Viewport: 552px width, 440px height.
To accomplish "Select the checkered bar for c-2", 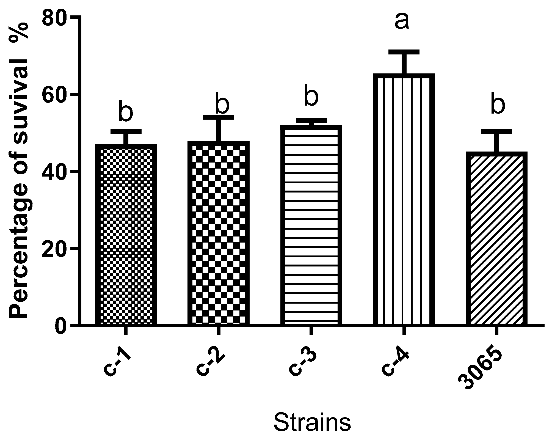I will [219, 234].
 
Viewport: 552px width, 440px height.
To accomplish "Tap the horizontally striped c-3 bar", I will [311, 226].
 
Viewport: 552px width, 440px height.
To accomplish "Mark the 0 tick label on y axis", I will [62, 325].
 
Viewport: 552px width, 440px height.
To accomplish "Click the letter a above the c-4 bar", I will [402, 21].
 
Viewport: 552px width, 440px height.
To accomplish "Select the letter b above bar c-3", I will [311, 96].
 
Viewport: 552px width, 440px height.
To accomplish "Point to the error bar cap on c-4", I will [404, 52].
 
